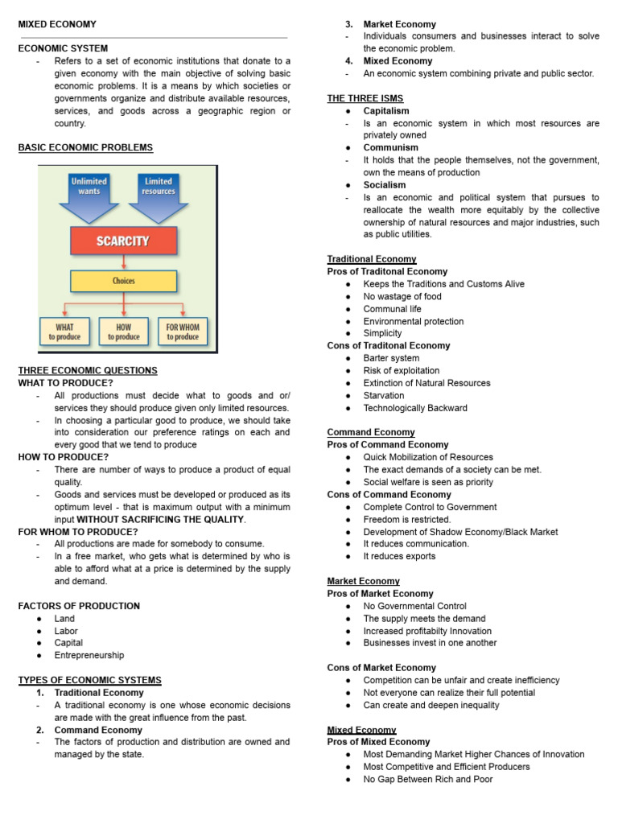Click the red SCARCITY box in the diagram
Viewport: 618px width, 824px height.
[122, 241]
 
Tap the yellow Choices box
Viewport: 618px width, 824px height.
[123, 282]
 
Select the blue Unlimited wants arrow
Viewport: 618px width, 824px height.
[89, 195]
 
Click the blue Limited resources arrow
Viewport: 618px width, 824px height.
[159, 195]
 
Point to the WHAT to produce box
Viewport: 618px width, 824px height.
[65, 332]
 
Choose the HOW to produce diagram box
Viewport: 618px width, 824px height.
[123, 332]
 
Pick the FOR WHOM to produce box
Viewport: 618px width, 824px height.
[183, 332]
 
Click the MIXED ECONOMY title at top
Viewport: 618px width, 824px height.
[57, 25]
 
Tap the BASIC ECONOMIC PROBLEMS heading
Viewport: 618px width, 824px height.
[85, 147]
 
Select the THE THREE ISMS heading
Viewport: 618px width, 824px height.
[365, 98]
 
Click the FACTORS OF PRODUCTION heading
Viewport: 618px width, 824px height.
[79, 606]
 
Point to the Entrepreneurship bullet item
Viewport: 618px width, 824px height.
[89, 655]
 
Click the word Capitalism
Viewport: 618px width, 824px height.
[386, 111]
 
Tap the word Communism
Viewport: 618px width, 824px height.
[390, 148]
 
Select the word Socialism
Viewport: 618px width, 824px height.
[385, 185]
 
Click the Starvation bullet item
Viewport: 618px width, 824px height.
[384, 395]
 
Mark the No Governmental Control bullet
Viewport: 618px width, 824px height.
[414, 606]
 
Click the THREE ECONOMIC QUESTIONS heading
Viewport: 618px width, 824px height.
[88, 370]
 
